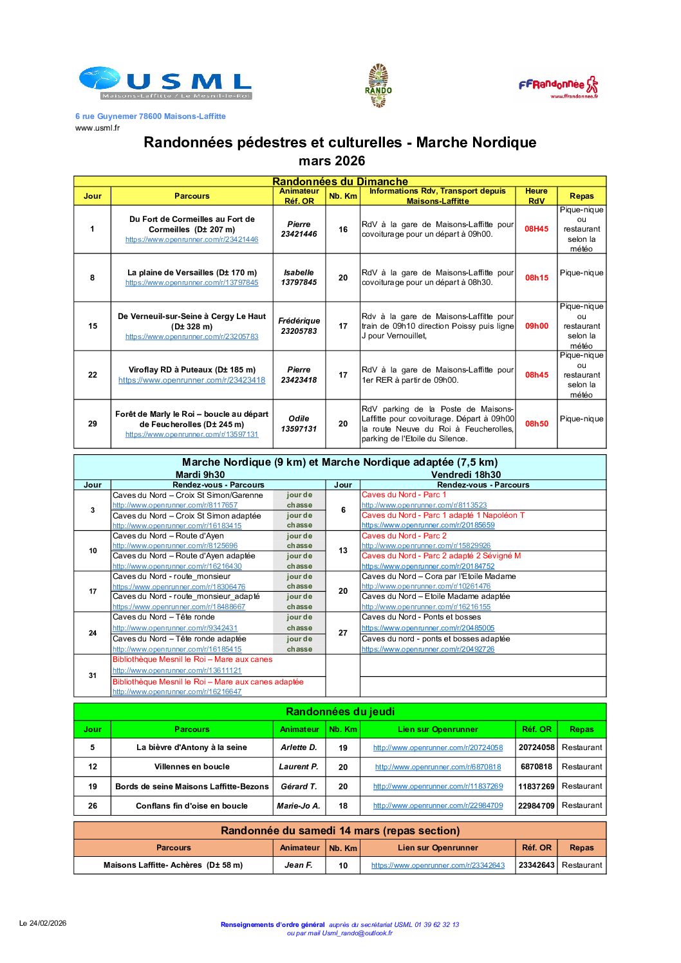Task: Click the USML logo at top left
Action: [x=165, y=83]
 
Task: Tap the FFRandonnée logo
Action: [x=558, y=86]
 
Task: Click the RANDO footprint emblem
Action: [x=378, y=86]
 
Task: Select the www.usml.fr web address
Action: [x=97, y=128]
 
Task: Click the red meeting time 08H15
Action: [x=536, y=278]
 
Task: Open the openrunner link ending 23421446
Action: [x=192, y=240]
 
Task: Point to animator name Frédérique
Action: [x=299, y=320]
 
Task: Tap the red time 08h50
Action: [x=536, y=424]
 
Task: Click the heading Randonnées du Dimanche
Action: [x=340, y=181]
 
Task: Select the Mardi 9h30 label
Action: [x=200, y=475]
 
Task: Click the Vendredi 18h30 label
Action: [x=466, y=475]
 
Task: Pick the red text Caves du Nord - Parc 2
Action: [x=404, y=536]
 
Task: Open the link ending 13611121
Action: [x=177, y=670]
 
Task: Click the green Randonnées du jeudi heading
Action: [x=340, y=711]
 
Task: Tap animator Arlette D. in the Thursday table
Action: [x=299, y=747]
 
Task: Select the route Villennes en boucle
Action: [x=192, y=767]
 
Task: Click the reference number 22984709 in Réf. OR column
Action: [x=536, y=805]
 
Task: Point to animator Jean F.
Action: [x=299, y=865]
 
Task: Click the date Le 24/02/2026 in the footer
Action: [x=42, y=923]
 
